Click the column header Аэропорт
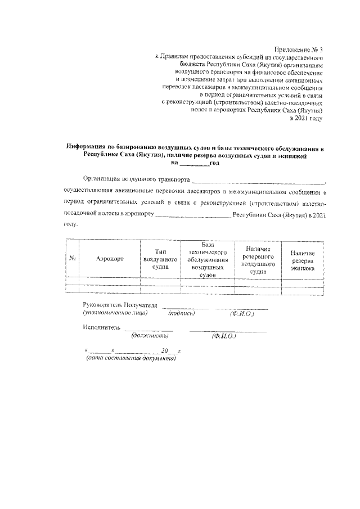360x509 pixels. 109,259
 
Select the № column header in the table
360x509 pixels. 73,259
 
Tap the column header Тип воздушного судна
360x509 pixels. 160,259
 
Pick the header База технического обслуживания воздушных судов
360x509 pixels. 208,259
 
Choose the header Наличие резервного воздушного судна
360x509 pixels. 258,259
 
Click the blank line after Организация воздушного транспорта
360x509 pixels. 258,181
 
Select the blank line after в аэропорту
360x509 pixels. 192,215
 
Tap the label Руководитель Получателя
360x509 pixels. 120,304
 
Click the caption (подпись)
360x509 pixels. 181,313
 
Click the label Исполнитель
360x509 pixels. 101,327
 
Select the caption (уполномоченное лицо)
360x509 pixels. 115,313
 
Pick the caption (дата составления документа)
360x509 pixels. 130,358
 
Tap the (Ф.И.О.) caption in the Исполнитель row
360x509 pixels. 224,336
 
